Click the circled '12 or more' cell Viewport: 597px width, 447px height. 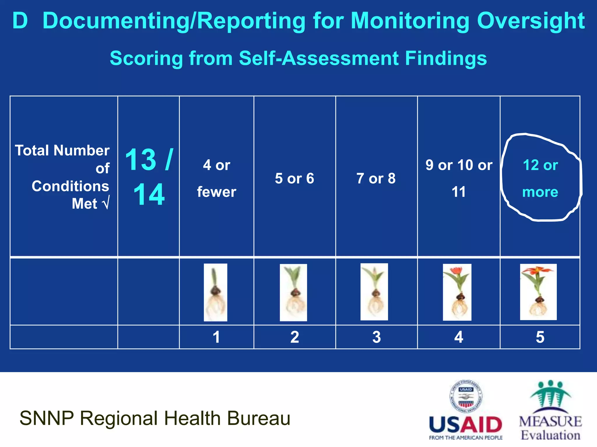point(540,178)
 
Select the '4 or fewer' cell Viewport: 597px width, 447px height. point(217,178)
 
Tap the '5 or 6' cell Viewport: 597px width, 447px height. point(294,178)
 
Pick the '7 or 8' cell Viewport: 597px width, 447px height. point(376,178)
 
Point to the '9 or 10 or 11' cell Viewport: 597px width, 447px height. point(459,178)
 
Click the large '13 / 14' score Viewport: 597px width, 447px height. point(149,177)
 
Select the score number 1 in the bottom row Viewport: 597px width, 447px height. point(216,337)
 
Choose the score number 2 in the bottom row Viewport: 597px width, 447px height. point(295,337)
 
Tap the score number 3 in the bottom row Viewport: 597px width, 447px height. point(377,337)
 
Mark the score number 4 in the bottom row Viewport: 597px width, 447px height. point(459,337)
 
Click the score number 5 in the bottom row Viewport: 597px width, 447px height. point(540,337)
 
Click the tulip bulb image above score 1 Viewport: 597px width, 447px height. point(215,292)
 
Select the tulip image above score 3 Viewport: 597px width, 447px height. point(374,292)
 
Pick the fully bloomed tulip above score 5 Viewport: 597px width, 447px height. point(538,292)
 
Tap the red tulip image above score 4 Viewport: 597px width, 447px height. point(457,292)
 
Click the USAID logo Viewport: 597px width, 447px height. point(466,410)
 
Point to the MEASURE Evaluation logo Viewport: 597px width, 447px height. point(550,410)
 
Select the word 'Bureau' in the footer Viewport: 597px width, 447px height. point(259,418)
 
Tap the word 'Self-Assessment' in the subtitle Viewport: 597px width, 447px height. point(319,58)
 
